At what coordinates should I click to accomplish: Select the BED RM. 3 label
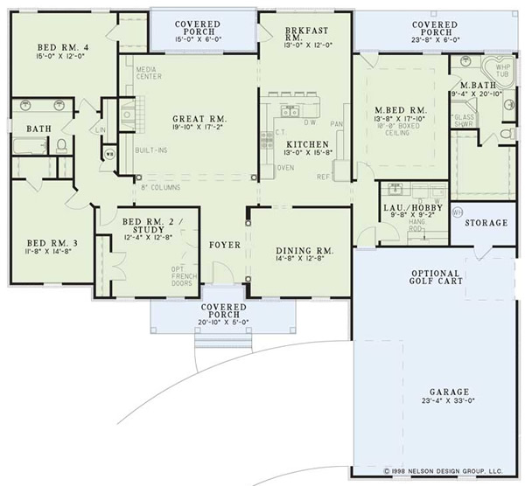point(42,243)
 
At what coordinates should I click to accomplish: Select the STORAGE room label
point(486,223)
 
